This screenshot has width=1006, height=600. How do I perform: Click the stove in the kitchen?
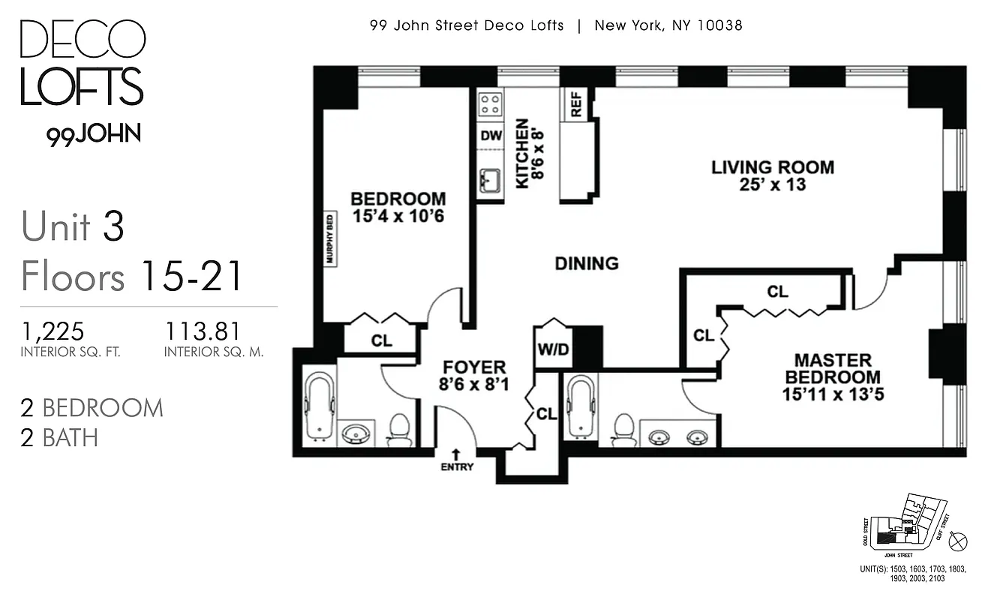pyautogui.click(x=491, y=103)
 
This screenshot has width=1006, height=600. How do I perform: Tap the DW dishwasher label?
pyautogui.click(x=491, y=136)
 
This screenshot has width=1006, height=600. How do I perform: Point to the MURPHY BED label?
pyautogui.click(x=329, y=239)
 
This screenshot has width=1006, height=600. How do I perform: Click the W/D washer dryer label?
pyautogui.click(x=552, y=350)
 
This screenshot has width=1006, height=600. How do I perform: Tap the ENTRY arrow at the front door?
pyautogui.click(x=456, y=454)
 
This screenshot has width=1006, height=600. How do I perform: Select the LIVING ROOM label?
pyautogui.click(x=772, y=167)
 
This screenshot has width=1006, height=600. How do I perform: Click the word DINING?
pyautogui.click(x=587, y=263)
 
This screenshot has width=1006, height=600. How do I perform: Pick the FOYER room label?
pyautogui.click(x=474, y=367)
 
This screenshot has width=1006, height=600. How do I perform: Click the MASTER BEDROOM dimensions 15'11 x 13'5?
pyautogui.click(x=833, y=394)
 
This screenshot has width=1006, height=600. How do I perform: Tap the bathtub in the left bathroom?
pyautogui.click(x=319, y=405)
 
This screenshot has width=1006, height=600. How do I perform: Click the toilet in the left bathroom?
pyautogui.click(x=399, y=430)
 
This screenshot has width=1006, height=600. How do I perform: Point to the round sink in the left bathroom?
pyautogui.click(x=356, y=434)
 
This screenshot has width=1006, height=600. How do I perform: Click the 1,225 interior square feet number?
pyautogui.click(x=53, y=331)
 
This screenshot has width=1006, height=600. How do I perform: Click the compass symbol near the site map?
pyautogui.click(x=959, y=541)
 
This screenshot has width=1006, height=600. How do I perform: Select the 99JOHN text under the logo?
pyautogui.click(x=94, y=134)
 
